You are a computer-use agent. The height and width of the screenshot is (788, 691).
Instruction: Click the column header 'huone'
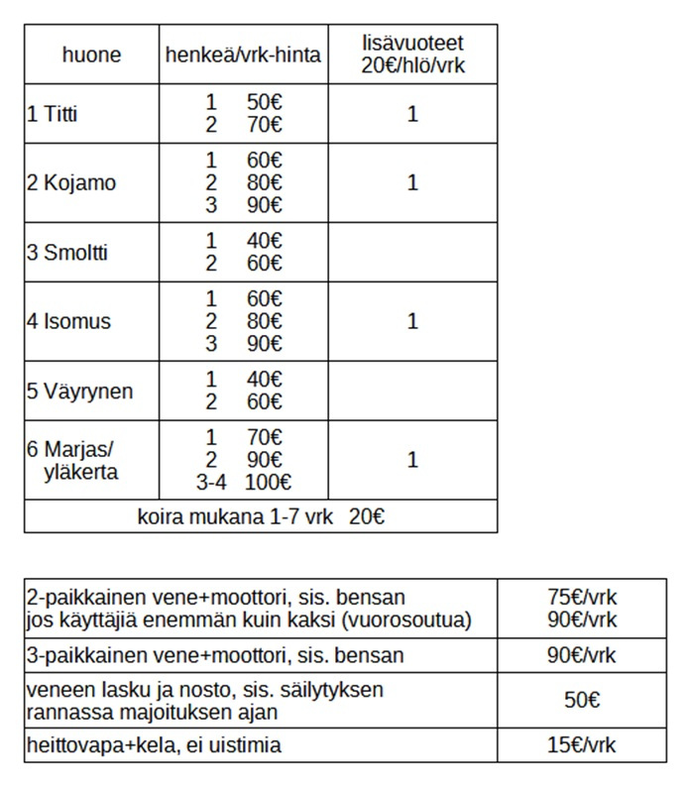(91, 55)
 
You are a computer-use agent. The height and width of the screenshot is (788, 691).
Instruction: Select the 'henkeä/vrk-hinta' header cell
(241, 55)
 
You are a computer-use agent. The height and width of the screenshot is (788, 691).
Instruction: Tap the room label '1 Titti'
(52, 114)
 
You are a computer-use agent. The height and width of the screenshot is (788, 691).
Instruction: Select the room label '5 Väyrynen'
(79, 392)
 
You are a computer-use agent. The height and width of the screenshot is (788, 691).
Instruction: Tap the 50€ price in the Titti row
(265, 103)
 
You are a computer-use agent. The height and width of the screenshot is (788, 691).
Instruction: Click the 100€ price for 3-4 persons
(271, 484)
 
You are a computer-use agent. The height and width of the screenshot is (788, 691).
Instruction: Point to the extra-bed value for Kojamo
(412, 183)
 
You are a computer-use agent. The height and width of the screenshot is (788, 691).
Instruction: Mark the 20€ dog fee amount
(367, 517)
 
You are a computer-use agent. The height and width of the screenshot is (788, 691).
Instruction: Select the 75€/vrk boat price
(582, 598)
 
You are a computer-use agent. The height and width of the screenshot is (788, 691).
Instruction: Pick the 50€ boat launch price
(582, 700)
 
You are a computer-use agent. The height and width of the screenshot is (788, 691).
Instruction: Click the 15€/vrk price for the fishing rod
(582, 745)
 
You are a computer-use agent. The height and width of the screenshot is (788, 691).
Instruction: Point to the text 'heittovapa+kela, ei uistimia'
(155, 745)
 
